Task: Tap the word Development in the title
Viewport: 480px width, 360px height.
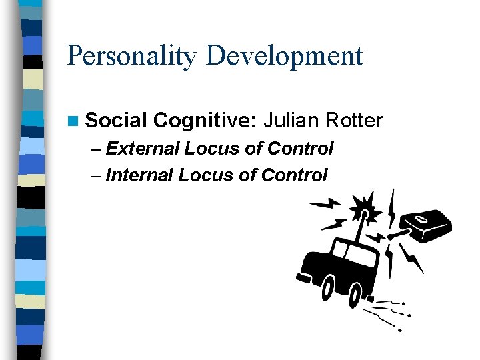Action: click(285, 56)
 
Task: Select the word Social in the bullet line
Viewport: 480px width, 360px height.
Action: click(115, 121)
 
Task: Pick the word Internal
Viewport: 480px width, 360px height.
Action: click(140, 175)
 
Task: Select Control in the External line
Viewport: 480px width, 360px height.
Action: click(297, 148)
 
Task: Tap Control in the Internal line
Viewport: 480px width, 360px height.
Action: click(293, 175)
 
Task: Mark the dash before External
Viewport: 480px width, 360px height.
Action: click(95, 149)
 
